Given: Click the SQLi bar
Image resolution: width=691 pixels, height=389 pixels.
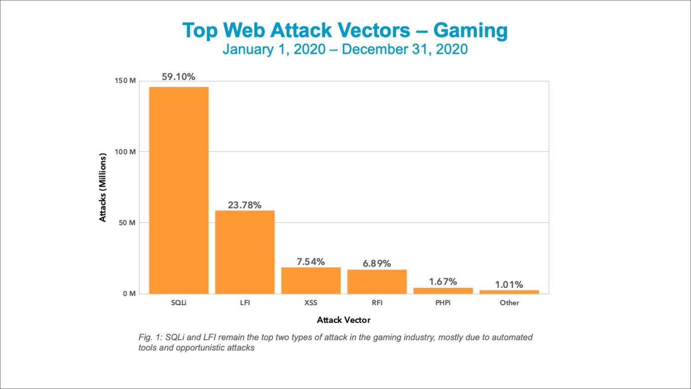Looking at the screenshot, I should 179,190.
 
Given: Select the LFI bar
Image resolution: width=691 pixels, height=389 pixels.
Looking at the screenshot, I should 245,252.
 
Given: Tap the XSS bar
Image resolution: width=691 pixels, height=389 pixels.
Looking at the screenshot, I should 311,280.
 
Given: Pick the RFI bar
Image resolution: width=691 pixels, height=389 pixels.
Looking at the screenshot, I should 377,281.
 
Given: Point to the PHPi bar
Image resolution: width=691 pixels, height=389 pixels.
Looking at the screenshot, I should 443,291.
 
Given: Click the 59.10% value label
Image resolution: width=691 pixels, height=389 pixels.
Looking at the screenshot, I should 179,77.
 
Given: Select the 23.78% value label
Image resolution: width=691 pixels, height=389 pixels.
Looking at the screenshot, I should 245,205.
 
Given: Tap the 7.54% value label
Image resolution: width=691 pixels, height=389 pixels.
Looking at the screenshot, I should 311,262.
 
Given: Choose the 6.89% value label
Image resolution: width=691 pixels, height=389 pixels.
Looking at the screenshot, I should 377,264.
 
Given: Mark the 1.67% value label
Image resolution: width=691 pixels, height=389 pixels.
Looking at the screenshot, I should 443,282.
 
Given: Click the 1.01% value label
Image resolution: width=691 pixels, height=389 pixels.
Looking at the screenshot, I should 508,284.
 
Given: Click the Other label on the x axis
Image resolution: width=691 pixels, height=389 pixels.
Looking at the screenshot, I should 509,303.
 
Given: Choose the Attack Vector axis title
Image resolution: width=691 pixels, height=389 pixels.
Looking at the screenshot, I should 344,320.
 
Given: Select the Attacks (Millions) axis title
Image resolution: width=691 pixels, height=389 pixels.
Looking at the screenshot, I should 103,188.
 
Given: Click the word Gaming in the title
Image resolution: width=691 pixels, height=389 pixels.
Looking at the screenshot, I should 470,31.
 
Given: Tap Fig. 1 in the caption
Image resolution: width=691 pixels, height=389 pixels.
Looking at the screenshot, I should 148,338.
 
